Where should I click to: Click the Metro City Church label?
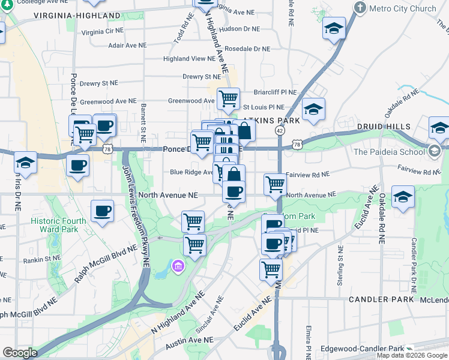click(x=402, y=8)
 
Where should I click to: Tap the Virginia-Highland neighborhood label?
click(x=76, y=15)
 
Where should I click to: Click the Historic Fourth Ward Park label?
click(x=58, y=225)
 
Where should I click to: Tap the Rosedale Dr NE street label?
click(x=247, y=49)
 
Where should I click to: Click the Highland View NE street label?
click(x=188, y=59)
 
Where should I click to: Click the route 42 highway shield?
click(x=280, y=130)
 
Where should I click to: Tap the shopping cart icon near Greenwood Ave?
click(x=228, y=98)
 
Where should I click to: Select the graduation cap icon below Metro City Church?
click(x=334, y=28)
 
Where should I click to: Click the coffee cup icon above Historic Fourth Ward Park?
click(x=103, y=211)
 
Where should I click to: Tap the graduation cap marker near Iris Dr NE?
click(x=25, y=163)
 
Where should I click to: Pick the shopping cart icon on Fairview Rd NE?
click(x=275, y=184)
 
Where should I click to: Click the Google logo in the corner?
click(x=20, y=353)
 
